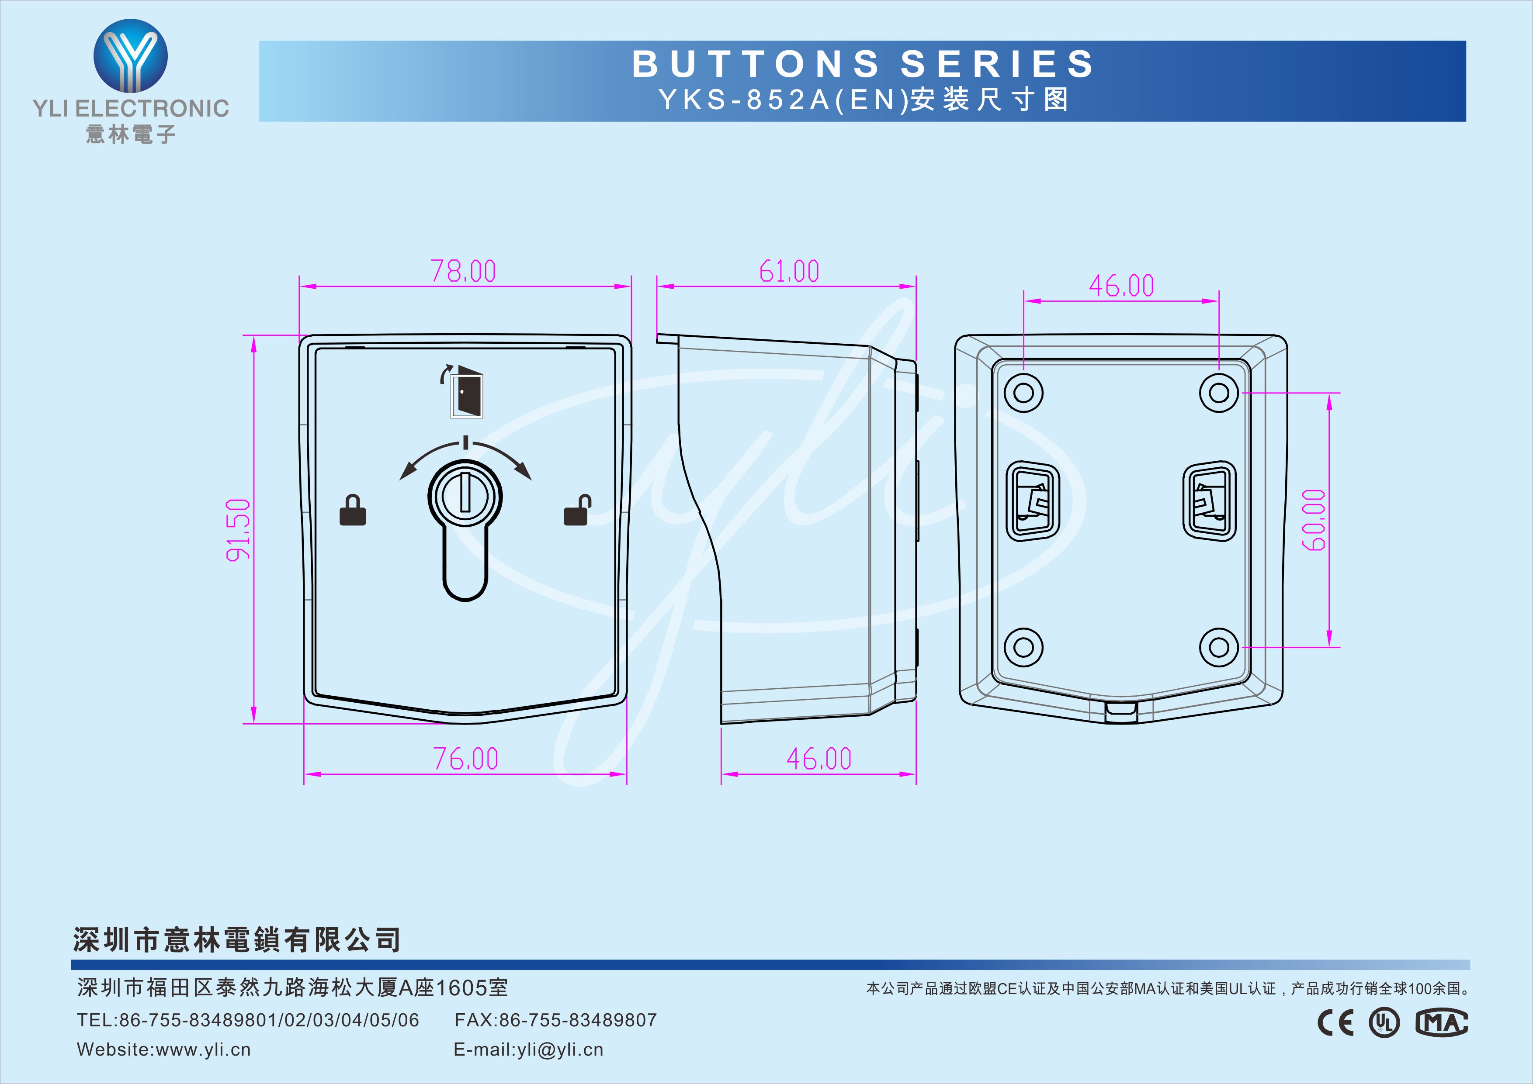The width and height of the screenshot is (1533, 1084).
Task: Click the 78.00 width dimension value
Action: [x=463, y=271]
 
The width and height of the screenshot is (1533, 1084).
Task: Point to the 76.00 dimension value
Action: [x=465, y=758]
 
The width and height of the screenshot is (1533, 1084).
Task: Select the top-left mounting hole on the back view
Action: [x=1023, y=393]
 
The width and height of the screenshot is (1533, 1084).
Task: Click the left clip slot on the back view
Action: [x=1032, y=501]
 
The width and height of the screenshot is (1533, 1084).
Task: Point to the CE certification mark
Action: [x=1335, y=1022]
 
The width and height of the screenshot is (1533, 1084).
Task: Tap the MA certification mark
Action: [x=1442, y=1022]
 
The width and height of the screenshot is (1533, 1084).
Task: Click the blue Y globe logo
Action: [x=130, y=56]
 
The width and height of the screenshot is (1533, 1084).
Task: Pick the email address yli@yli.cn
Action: [x=560, y=1050]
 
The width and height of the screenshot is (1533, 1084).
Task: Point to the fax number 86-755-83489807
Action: [x=578, y=1020]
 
